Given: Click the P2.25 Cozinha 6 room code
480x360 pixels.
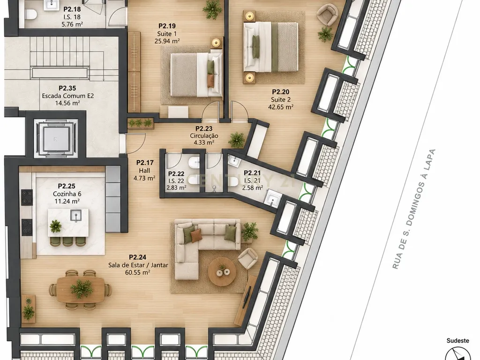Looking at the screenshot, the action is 67,186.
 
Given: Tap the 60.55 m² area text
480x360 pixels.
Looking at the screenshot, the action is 137,272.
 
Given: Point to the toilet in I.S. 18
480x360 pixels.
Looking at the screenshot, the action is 30,14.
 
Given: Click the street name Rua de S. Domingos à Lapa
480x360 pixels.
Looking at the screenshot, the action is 414,209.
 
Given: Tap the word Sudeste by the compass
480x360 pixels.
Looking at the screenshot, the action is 457,340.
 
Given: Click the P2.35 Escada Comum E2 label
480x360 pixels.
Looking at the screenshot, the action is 67,96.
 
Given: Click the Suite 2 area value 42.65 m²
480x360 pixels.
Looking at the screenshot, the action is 281,107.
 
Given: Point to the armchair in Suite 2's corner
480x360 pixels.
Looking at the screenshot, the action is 327,15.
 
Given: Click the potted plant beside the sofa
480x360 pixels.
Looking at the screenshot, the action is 250,231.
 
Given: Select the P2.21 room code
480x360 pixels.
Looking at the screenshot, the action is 252,173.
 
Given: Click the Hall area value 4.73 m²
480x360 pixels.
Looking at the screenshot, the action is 144,178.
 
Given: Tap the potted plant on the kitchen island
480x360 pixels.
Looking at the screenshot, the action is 56,226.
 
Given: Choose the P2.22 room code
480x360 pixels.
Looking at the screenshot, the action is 176,174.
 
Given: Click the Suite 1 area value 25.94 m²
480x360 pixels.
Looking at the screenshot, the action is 167,41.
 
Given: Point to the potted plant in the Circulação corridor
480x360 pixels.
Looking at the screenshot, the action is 237,140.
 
